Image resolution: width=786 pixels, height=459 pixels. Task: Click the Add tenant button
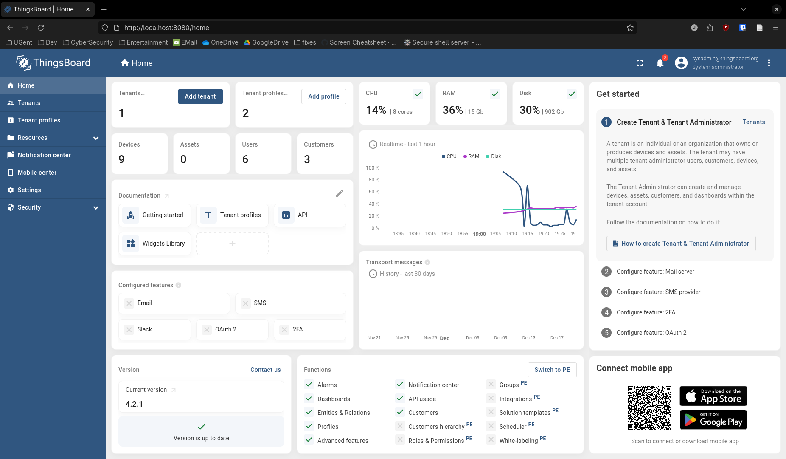click(200, 96)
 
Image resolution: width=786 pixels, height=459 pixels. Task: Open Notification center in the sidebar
click(44, 155)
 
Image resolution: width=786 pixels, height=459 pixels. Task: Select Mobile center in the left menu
click(37, 173)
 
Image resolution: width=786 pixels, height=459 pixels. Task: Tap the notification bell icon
click(660, 63)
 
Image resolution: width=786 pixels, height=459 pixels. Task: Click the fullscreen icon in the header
click(640, 63)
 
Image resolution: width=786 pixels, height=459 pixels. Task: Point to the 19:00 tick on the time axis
click(479, 234)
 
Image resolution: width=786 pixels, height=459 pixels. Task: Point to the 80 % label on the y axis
click(374, 180)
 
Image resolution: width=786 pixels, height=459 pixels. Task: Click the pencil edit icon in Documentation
click(340, 193)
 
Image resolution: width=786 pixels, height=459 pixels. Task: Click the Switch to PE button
click(552, 370)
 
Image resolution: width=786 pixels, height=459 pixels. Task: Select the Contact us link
click(266, 370)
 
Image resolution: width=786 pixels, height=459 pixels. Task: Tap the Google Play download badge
click(713, 420)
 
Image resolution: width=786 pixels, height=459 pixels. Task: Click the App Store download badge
click(713, 396)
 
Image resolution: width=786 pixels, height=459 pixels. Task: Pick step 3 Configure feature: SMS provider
click(658, 292)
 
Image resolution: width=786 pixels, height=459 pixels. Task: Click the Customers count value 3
click(307, 159)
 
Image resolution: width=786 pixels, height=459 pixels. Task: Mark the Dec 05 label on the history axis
click(472, 338)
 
